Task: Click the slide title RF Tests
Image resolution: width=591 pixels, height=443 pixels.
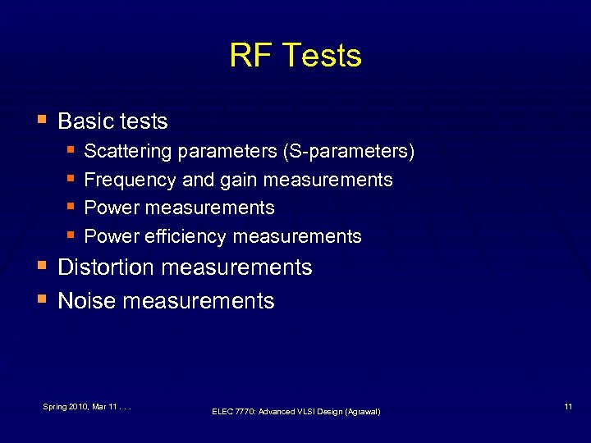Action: click(295, 56)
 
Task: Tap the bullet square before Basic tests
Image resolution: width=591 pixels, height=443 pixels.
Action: click(41, 120)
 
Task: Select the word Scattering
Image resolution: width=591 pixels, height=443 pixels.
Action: click(127, 152)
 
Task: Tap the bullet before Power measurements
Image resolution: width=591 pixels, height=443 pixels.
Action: click(71, 207)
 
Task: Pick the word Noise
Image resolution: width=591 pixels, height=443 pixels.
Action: click(86, 301)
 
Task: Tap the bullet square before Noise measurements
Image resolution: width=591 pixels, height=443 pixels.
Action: click(41, 299)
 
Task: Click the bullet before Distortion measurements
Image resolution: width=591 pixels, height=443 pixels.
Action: click(41, 266)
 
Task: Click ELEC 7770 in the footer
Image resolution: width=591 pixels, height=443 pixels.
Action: click(234, 411)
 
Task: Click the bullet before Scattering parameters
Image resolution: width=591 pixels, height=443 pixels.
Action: click(71, 151)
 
